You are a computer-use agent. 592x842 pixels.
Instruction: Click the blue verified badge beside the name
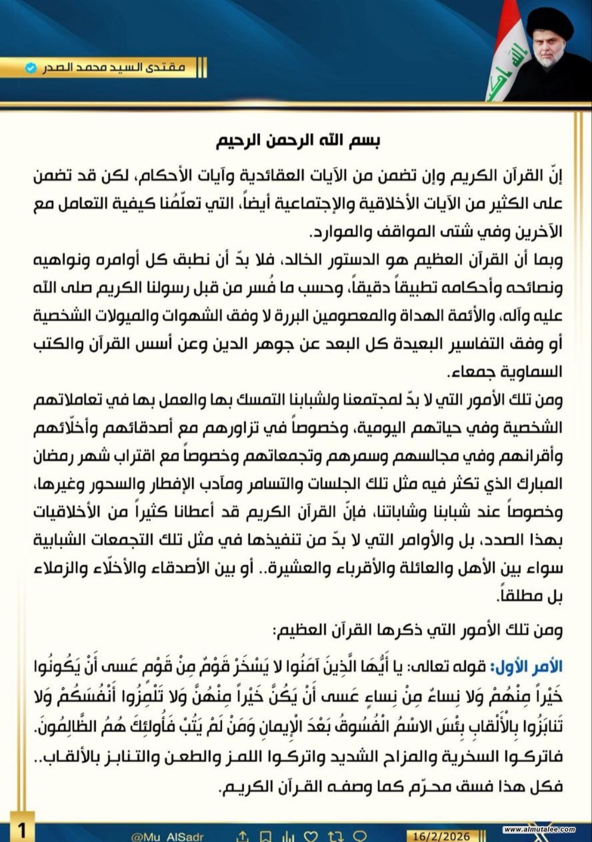click(x=31, y=68)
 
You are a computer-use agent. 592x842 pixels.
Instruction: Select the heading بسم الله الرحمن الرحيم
click(x=298, y=141)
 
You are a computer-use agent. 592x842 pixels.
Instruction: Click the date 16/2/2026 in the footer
click(x=441, y=836)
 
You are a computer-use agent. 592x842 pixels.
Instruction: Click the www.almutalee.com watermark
click(x=539, y=829)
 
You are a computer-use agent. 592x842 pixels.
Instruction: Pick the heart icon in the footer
click(x=311, y=836)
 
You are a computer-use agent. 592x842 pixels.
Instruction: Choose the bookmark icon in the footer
click(x=266, y=836)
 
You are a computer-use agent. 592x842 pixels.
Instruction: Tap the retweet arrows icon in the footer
click(x=335, y=836)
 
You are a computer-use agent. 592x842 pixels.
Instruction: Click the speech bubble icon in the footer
click(x=359, y=836)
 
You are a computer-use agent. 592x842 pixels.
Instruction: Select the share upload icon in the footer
click(x=242, y=836)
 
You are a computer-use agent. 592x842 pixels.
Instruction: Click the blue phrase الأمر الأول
click(x=526, y=667)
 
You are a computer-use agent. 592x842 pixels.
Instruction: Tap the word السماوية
click(x=532, y=372)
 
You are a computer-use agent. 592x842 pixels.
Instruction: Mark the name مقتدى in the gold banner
click(x=167, y=68)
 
